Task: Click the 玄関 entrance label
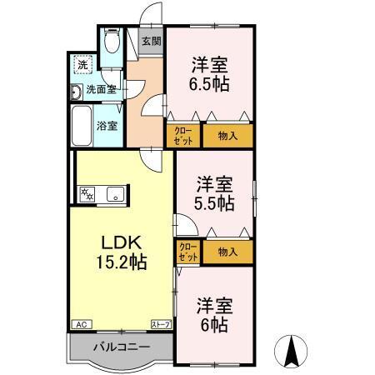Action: pos(150,41)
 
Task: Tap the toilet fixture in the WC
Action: pos(112,42)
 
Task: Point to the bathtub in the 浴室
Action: pos(82,126)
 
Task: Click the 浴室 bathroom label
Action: pos(107,126)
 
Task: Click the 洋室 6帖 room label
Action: pos(213,313)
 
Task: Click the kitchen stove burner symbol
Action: pos(86,194)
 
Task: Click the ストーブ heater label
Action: pos(160,323)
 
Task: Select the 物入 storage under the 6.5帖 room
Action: pos(227,136)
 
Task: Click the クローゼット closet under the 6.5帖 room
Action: pos(183,136)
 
